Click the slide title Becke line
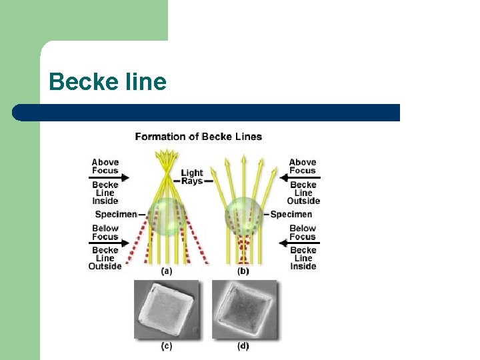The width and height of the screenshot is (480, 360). pos(107,82)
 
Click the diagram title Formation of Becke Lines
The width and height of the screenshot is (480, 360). pos(198,137)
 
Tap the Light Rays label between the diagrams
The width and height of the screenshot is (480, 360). pos(192,177)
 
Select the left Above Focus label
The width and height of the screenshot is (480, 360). pos(105,166)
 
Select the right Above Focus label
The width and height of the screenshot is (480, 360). pos(303,166)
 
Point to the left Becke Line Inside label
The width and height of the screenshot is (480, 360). pos(105,193)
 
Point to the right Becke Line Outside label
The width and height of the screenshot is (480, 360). pos(303,193)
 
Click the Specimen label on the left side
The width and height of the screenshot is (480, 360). pos(116,214)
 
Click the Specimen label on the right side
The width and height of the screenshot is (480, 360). pos(291,214)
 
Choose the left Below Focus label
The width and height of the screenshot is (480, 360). pos(105,233)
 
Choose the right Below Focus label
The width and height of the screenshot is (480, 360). pos(303,233)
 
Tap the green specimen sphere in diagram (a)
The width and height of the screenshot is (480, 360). pos(163,216)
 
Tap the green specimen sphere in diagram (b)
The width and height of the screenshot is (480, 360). pos(242,215)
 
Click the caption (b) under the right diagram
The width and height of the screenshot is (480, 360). pos(243,271)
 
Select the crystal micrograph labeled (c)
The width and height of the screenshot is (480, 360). pos(167,309)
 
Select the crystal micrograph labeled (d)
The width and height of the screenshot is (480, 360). pos(245,309)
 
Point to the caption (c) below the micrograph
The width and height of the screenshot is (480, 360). pos(167,346)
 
